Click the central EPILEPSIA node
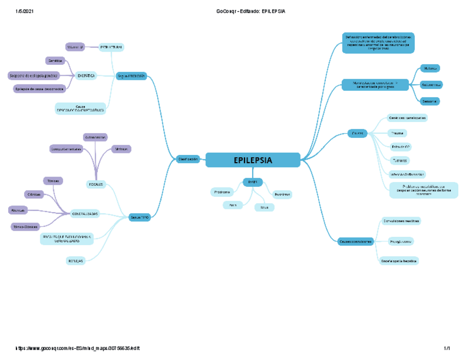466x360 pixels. (x=253, y=160)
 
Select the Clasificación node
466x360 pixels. (x=188, y=159)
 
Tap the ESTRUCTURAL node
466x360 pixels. (x=111, y=48)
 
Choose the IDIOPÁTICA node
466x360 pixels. (x=86, y=75)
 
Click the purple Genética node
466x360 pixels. (x=55, y=60)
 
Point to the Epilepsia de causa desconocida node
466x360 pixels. (x=39, y=88)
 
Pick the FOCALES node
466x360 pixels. (x=96, y=184)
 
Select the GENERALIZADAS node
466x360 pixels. (x=85, y=213)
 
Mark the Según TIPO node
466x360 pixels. (x=140, y=218)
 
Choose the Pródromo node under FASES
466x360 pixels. (x=222, y=192)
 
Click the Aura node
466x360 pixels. (x=232, y=205)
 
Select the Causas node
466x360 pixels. (x=357, y=133)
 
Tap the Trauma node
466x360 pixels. (x=396, y=133)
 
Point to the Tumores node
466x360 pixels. (x=400, y=160)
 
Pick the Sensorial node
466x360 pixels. (x=430, y=101)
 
